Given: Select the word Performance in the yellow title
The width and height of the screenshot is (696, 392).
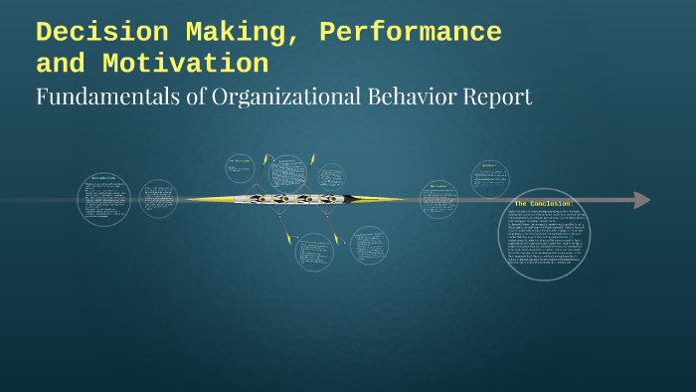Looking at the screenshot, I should pos(411,33).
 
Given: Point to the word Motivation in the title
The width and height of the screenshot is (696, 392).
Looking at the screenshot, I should pos(185,65).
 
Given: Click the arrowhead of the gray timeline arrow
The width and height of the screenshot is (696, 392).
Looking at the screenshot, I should pos(641,200).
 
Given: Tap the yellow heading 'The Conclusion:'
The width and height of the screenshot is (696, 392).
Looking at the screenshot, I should pos(543,204).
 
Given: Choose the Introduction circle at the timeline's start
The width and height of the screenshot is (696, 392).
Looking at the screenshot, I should pos(104,199).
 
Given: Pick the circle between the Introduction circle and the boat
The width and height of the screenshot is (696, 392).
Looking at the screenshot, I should pos(158,199).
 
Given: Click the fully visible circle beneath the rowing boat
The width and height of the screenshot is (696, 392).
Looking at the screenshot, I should pos(313,252).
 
